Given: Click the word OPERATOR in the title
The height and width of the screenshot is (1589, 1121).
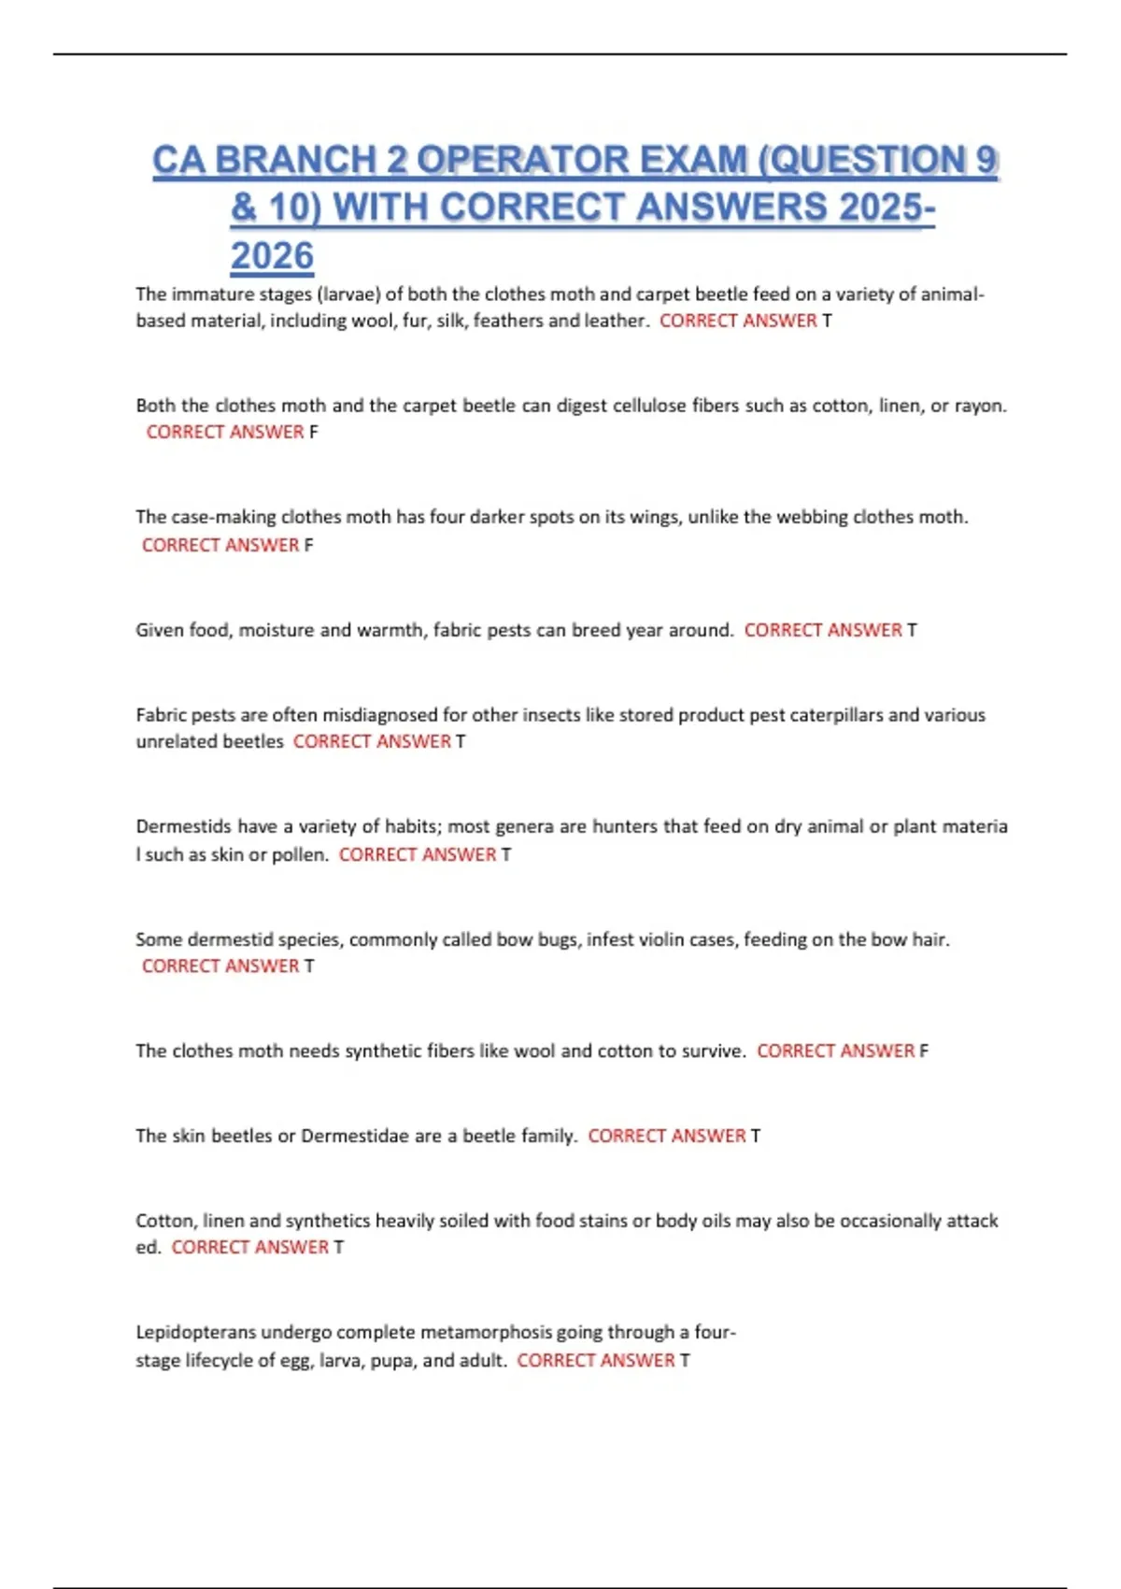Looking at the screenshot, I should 581,160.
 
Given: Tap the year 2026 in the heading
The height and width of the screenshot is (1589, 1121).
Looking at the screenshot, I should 272,256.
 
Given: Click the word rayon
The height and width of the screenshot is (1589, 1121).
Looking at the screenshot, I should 980,407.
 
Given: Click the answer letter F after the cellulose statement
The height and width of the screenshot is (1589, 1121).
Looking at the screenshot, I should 314,433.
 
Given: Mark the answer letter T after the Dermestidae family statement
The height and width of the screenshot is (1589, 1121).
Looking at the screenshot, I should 756,1137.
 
